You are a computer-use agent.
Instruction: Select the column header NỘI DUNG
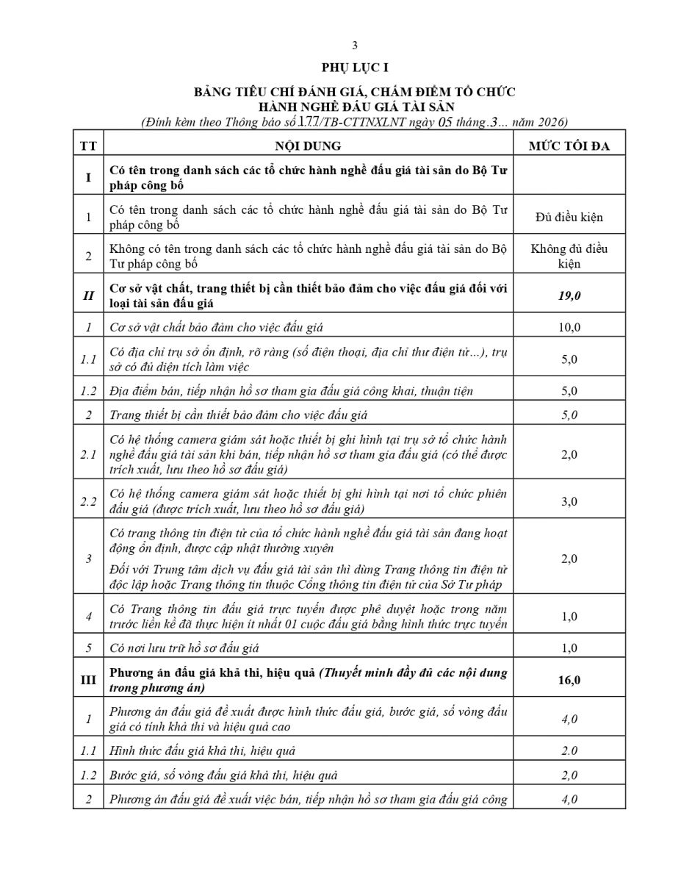click(308, 146)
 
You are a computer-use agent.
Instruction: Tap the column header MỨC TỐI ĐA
click(569, 146)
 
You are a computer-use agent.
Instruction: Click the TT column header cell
click(88, 146)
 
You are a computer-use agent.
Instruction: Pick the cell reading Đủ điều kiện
click(569, 218)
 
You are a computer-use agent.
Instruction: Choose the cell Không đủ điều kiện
click(569, 256)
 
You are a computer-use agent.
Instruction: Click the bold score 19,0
click(569, 295)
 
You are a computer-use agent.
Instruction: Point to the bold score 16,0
click(569, 680)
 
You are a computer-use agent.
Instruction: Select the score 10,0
click(569, 327)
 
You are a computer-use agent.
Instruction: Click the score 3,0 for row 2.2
click(569, 501)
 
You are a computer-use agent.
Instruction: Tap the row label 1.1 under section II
click(88, 359)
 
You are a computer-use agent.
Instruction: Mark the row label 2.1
click(88, 455)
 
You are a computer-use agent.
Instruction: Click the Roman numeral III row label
click(88, 680)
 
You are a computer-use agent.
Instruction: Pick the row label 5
click(88, 648)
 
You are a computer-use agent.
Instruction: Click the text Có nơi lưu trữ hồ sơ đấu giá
click(184, 648)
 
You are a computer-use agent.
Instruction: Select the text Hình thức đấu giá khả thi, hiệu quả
click(202, 750)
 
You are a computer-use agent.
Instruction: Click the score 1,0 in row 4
click(569, 616)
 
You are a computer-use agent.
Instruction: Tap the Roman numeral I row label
click(88, 178)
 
